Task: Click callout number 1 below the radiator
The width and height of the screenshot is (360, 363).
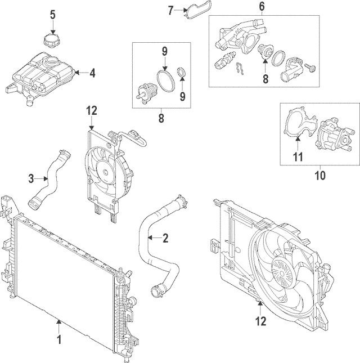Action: [58, 340]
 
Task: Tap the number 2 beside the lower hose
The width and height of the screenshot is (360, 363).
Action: [165, 238]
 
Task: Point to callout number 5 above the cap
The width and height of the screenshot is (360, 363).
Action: [52, 14]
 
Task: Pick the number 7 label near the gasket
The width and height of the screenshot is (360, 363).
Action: [173, 10]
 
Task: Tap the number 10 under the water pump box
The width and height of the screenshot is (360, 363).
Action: [320, 176]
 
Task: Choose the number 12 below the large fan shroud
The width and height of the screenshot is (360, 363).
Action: [260, 321]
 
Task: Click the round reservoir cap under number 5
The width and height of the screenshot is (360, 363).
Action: [52, 42]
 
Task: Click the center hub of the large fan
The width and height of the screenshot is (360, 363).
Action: [280, 271]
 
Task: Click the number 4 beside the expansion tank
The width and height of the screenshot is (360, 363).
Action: [93, 72]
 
